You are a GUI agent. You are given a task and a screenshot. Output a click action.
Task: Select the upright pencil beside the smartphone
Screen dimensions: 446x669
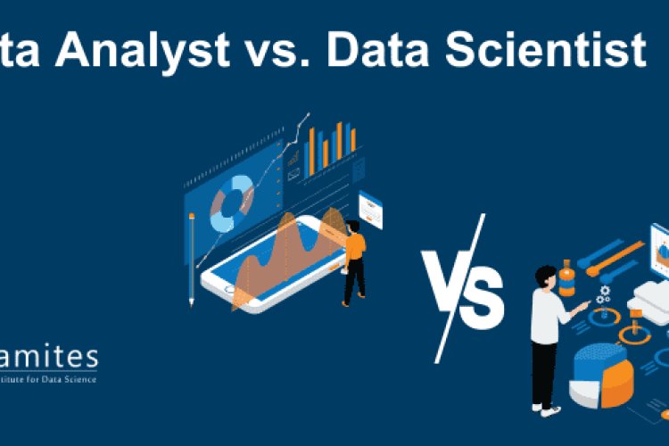[192, 260]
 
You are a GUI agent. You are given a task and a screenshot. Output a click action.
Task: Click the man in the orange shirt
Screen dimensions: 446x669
[354, 260]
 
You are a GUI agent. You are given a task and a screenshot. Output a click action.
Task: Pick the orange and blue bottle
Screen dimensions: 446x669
[565, 277]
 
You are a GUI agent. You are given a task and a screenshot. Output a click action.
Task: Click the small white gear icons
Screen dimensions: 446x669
[604, 293]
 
